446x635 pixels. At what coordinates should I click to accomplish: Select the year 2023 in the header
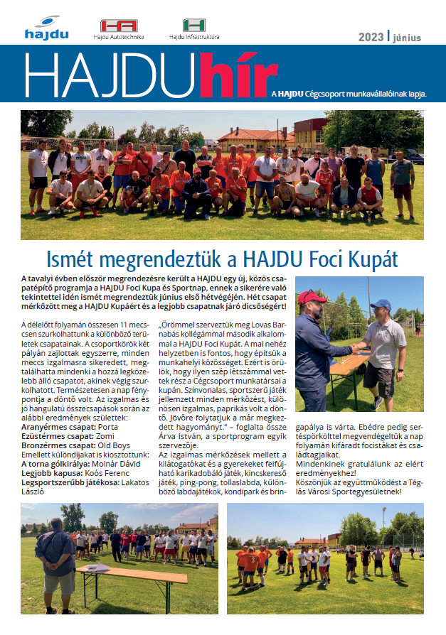tap(370, 37)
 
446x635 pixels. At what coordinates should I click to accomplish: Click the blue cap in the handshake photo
tap(381, 305)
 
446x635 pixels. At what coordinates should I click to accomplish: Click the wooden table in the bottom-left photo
tap(117, 572)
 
